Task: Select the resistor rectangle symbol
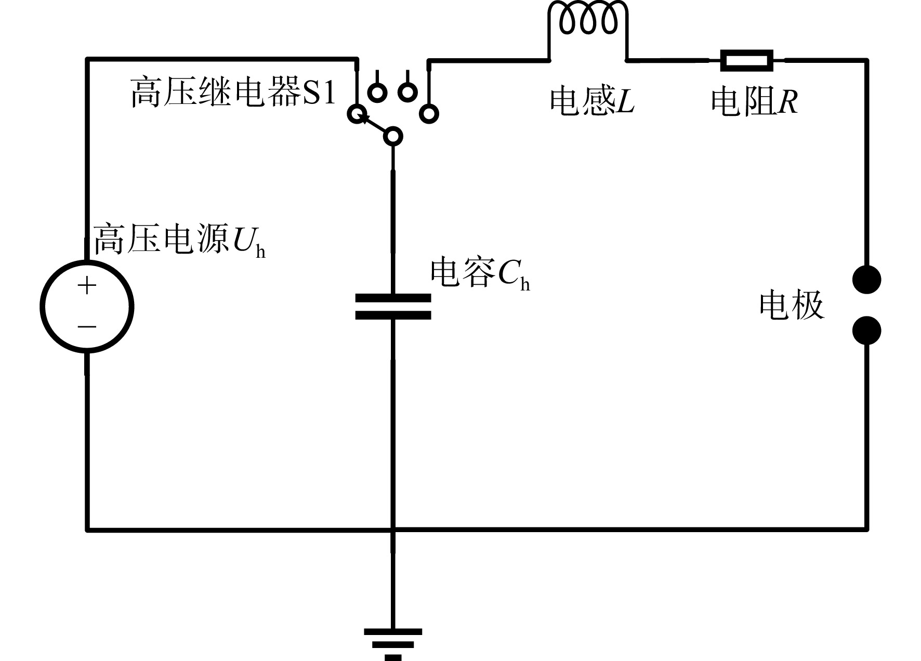pos(746,60)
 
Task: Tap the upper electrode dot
pos(867,280)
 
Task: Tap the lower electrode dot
pos(867,330)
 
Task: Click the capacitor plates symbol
pos(393,307)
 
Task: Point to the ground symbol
pos(393,644)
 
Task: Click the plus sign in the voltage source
pos(87,285)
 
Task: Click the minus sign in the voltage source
pos(87,327)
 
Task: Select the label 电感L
pos(593,101)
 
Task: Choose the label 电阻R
pos(754,101)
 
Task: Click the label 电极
pos(792,305)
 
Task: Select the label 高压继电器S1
pos(233,92)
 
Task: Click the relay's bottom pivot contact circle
pos(393,137)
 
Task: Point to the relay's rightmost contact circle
pos(429,114)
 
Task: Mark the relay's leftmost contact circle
pos(356,114)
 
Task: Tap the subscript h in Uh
pos(260,252)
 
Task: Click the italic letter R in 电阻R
pos(788,101)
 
